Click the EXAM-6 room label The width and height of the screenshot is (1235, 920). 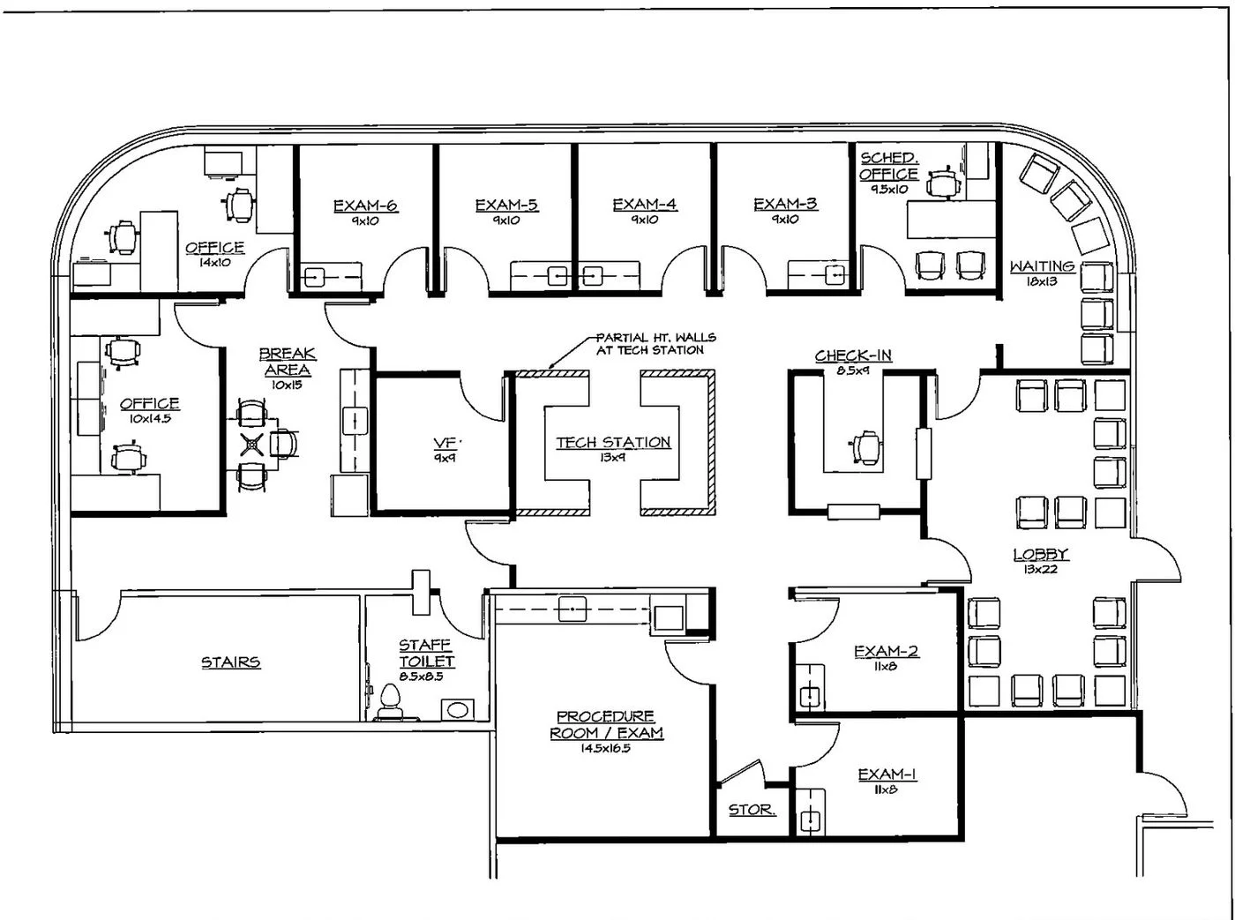pyautogui.click(x=364, y=206)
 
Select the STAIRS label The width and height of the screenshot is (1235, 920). pyautogui.click(x=230, y=662)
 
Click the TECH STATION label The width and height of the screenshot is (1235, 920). pyautogui.click(x=613, y=442)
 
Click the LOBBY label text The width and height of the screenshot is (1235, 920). pyautogui.click(x=1040, y=554)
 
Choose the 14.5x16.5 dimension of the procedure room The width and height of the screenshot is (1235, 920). pyautogui.click(x=605, y=748)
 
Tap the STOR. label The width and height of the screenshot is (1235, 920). pyautogui.click(x=752, y=810)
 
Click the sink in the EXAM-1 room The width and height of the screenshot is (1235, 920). pyautogui.click(x=809, y=820)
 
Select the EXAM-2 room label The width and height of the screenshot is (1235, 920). pyautogui.click(x=886, y=651)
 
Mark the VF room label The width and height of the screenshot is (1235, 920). pyautogui.click(x=445, y=443)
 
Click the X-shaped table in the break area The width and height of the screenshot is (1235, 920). pyautogui.click(x=252, y=445)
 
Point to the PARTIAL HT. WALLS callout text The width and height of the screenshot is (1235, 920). pyautogui.click(x=655, y=343)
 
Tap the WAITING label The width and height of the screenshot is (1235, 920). pyautogui.click(x=1042, y=266)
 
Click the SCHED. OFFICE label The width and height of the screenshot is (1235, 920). pyautogui.click(x=888, y=166)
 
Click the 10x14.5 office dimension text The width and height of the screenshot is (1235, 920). pyautogui.click(x=149, y=419)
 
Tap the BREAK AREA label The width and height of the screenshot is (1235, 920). pyautogui.click(x=287, y=362)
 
